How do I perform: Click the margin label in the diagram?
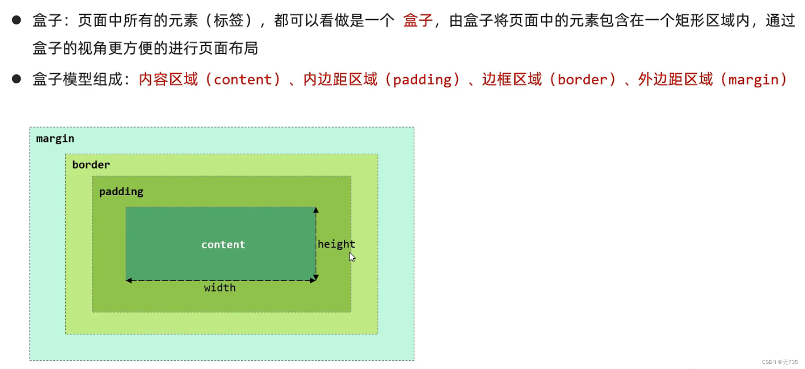[x=55, y=139]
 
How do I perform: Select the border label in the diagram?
[x=91, y=165]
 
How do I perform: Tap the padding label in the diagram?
[x=121, y=192]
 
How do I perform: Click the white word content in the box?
[x=223, y=245]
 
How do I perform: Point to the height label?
[x=336, y=244]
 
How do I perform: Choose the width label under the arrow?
[x=220, y=288]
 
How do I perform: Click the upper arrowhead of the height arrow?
[x=316, y=211]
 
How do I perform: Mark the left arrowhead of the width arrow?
[x=129, y=280]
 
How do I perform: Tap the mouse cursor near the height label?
[x=352, y=257]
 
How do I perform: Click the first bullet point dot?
[x=16, y=20]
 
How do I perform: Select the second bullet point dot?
[x=16, y=79]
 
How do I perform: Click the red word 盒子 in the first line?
[x=418, y=21]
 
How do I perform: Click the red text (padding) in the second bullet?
[x=423, y=79]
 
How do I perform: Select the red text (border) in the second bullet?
[x=582, y=79]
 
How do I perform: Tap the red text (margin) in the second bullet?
[x=754, y=79]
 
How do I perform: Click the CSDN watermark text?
[x=779, y=362]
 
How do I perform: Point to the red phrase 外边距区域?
[x=675, y=79]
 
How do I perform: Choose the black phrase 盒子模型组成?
[x=77, y=79]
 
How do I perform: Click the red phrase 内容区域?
[x=168, y=79]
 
